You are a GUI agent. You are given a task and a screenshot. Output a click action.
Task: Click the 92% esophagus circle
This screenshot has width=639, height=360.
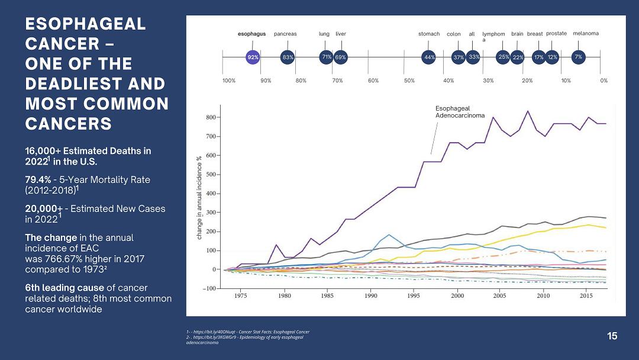coord(253,57)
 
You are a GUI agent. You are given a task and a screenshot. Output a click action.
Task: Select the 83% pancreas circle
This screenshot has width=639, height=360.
coord(288,57)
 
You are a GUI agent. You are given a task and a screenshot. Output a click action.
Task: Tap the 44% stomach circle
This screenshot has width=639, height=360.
coord(429,57)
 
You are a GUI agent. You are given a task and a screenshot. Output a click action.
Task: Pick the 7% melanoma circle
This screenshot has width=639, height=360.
coord(579,57)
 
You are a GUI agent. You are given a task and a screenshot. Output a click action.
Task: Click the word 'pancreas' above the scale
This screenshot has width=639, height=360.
coord(285,34)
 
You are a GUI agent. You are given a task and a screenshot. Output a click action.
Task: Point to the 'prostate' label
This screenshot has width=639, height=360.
coord(556,34)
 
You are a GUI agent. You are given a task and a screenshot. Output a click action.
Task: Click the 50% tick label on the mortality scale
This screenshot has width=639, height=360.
coord(409,81)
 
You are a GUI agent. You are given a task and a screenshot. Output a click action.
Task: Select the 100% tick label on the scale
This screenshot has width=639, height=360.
coord(229,81)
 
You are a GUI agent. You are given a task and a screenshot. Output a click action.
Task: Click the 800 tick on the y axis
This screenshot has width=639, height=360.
coord(211,118)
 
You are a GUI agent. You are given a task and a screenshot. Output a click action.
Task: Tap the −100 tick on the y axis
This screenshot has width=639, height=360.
coord(209,288)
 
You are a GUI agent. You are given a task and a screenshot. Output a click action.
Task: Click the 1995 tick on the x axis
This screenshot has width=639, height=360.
coord(414,295)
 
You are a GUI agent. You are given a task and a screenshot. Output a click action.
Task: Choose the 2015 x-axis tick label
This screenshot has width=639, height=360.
coord(586,295)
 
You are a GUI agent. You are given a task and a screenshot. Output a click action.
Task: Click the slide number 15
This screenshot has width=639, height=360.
coord(612,336)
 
